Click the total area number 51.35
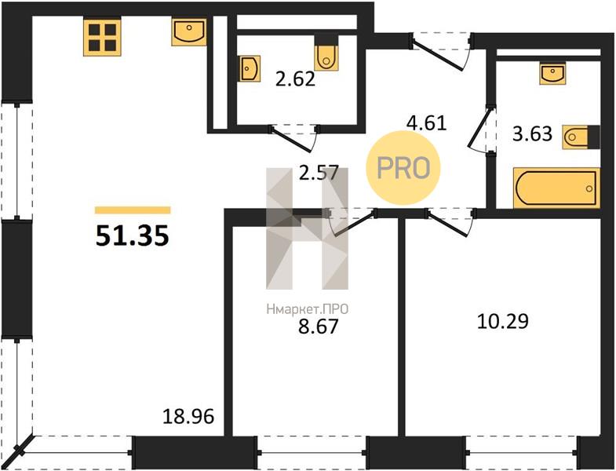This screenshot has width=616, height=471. (x=133, y=236)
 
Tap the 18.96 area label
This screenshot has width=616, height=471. (x=188, y=417)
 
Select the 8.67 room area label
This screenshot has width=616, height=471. (x=319, y=327)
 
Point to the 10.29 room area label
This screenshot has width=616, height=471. (x=503, y=321)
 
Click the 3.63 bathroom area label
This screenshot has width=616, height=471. (x=532, y=133)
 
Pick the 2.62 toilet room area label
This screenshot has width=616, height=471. (x=295, y=79)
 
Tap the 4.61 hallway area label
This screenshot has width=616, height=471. (x=427, y=123)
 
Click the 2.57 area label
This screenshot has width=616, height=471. (x=319, y=173)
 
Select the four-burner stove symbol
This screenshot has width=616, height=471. (x=102, y=38)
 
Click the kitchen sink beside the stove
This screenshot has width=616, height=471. (x=189, y=32)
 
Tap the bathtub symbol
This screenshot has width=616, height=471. (x=556, y=188)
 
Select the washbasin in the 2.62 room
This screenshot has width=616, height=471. (x=250, y=68)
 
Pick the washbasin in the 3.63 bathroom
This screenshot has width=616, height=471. (x=552, y=73)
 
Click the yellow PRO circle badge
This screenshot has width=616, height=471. (x=403, y=168)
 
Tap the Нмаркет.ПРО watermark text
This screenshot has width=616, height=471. (x=307, y=309)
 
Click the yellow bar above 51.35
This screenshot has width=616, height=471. (x=133, y=210)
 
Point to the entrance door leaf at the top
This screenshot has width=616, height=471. (x=438, y=53)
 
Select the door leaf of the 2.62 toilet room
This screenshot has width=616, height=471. (x=292, y=139)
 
